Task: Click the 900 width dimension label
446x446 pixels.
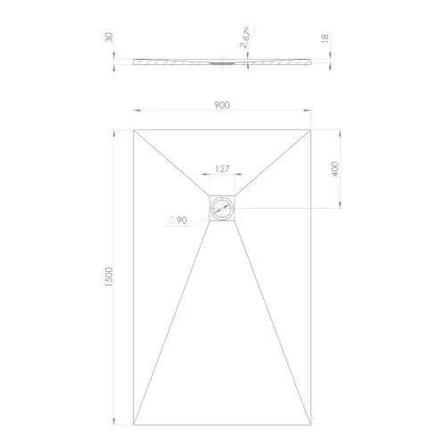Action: coord(222,105)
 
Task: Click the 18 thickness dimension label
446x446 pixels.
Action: coord(328,39)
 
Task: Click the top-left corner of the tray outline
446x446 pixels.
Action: coord(134,130)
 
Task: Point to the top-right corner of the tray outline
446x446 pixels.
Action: coord(312,130)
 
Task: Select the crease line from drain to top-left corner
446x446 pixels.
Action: coord(172,162)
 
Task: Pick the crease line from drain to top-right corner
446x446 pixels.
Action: coord(274,162)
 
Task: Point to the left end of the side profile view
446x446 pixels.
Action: coord(135,62)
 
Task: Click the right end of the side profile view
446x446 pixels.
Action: coord(311,62)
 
